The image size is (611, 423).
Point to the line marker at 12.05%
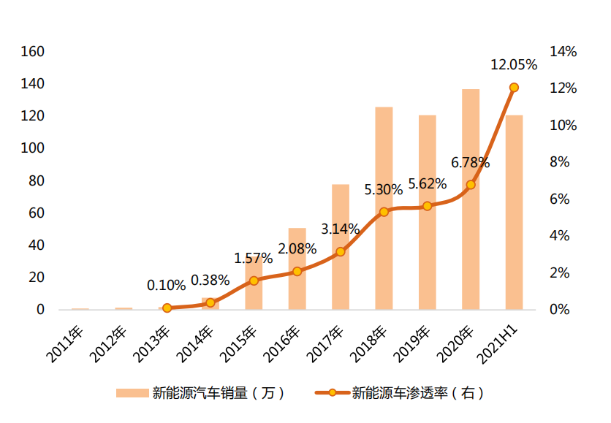coord(514,88)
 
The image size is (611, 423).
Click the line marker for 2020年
coord(471,185)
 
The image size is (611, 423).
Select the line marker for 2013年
coord(167,308)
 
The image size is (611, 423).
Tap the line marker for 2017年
coord(341,252)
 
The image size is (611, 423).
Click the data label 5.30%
coord(384,190)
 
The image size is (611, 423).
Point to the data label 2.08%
coord(297,249)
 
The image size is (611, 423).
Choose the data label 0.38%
coord(210,281)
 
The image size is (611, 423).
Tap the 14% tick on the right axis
coord(563,52)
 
